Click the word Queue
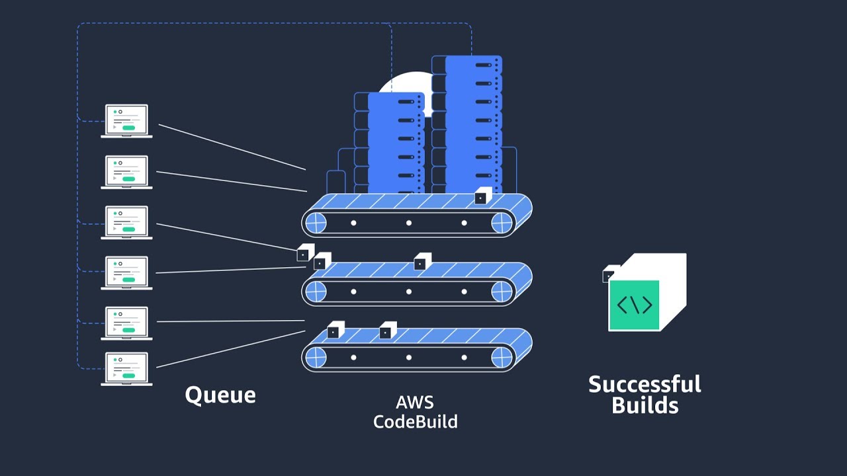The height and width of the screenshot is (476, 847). (x=220, y=395)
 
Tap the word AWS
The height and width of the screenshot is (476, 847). (x=415, y=402)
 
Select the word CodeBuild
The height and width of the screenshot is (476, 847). (x=415, y=421)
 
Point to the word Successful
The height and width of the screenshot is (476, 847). (x=645, y=384)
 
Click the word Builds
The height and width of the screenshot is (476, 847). (x=645, y=405)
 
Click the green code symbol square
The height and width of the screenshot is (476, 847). (x=634, y=305)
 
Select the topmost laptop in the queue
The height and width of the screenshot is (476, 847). (x=126, y=121)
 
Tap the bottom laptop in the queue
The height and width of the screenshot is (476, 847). (x=126, y=369)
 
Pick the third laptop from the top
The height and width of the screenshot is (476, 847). (x=126, y=222)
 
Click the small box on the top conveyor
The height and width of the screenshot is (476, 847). (x=482, y=196)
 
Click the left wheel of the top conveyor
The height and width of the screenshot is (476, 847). (x=316, y=223)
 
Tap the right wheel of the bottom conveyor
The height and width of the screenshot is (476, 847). (x=502, y=357)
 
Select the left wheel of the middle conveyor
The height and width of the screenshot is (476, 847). (x=316, y=291)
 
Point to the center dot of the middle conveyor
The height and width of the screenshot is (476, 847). (x=409, y=291)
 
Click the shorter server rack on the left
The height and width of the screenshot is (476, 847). (x=396, y=142)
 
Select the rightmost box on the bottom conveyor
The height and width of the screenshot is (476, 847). (x=387, y=330)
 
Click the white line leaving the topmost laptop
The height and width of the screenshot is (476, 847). (x=232, y=147)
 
